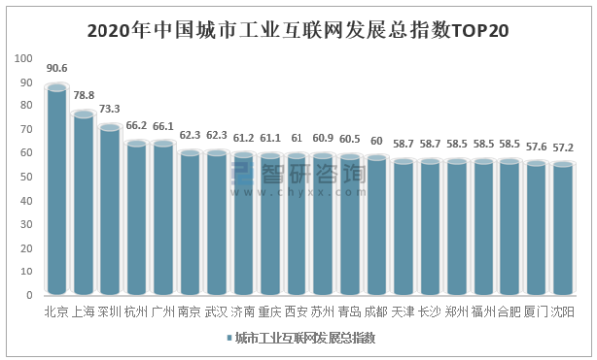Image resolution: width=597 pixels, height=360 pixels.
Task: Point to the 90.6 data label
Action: pos(57,69)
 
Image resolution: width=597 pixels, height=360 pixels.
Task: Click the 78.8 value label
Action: pos(85,95)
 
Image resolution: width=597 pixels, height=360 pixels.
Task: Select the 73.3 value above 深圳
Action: pos(110,108)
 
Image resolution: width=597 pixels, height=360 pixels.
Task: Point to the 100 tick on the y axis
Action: pos(23,60)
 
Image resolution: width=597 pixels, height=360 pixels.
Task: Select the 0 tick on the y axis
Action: pos(29,295)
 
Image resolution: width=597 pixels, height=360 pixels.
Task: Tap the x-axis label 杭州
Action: pos(136,312)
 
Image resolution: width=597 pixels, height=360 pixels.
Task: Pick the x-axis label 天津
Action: pos(403,312)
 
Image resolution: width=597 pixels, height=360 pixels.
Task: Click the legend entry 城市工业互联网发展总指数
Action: pos(304,339)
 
